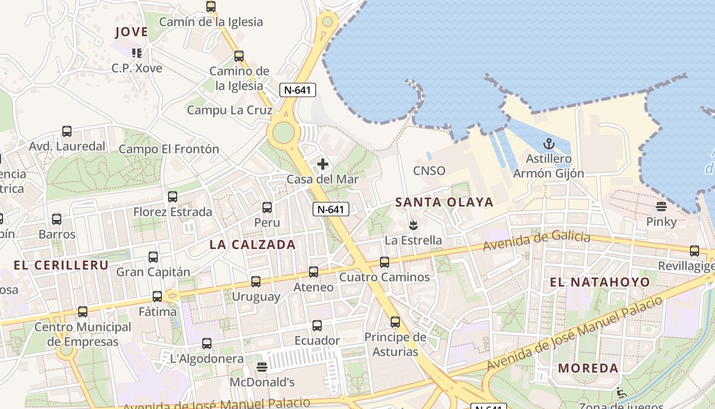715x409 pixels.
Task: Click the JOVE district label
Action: (x=131, y=32)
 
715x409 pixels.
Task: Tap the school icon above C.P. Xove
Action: (x=136, y=53)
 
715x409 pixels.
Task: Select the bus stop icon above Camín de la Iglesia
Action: (x=211, y=7)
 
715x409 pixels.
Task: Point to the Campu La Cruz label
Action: (x=229, y=110)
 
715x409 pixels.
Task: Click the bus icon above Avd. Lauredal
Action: (x=67, y=131)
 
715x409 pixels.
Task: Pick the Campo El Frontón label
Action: (x=169, y=149)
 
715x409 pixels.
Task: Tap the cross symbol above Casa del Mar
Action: (x=323, y=164)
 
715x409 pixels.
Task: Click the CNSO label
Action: (x=429, y=171)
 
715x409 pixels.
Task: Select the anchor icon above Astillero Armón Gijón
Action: (x=549, y=144)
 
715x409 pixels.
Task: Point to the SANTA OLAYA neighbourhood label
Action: (x=444, y=202)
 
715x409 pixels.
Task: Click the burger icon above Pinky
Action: (x=661, y=207)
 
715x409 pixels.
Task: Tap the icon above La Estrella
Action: (x=413, y=225)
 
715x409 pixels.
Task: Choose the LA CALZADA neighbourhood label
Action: (x=252, y=244)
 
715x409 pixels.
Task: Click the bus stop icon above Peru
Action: (x=267, y=208)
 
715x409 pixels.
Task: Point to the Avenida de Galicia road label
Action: (x=536, y=240)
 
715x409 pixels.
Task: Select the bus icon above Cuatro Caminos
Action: (x=385, y=262)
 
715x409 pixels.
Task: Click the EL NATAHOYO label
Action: (x=600, y=282)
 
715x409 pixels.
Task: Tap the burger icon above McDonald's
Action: (x=262, y=367)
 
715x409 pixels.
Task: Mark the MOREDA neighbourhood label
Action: (x=588, y=368)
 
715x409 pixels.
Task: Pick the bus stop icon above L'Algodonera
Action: (x=207, y=344)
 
